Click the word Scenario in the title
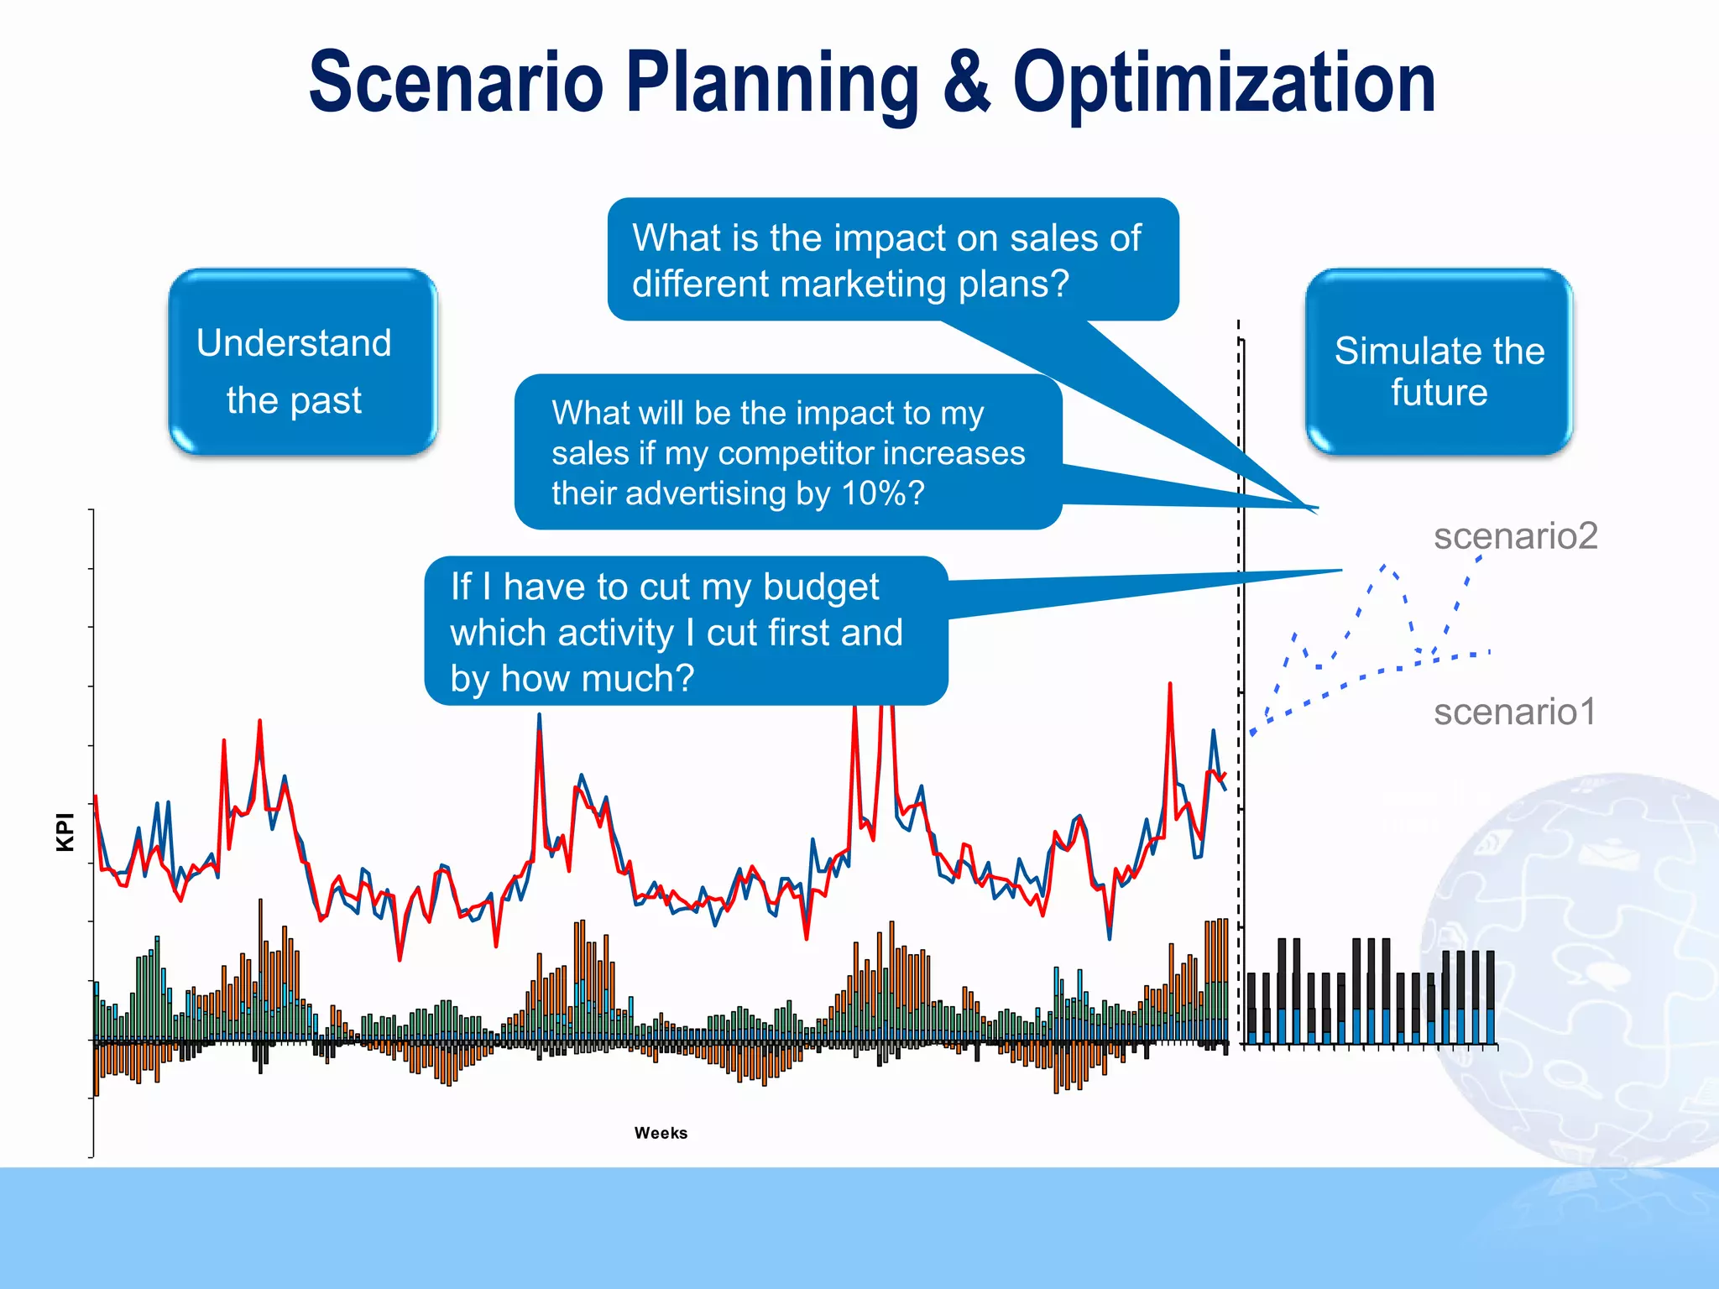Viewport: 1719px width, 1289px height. [x=456, y=81]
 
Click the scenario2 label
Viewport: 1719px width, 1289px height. [x=1515, y=535]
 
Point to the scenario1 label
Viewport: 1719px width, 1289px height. [x=1514, y=712]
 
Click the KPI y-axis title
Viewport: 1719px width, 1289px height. [x=65, y=832]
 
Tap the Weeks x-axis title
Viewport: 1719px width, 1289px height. [x=661, y=1133]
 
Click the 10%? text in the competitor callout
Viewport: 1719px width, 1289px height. [x=882, y=493]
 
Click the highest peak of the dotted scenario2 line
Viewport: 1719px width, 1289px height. [x=1384, y=566]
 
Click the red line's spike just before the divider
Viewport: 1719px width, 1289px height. [x=1169, y=686]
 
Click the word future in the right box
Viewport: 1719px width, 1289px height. [x=1439, y=392]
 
